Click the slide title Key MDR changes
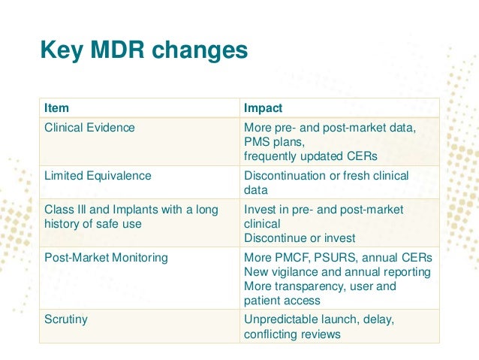pos(143,50)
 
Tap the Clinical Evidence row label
pos(89,128)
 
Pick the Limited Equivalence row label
pos(98,176)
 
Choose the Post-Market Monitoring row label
pos(106,258)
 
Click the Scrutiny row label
pos(66,319)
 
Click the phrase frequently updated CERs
pos(310,156)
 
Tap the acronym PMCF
pos(296,258)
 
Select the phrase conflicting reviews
pos(292,334)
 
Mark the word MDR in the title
pos(124,50)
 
